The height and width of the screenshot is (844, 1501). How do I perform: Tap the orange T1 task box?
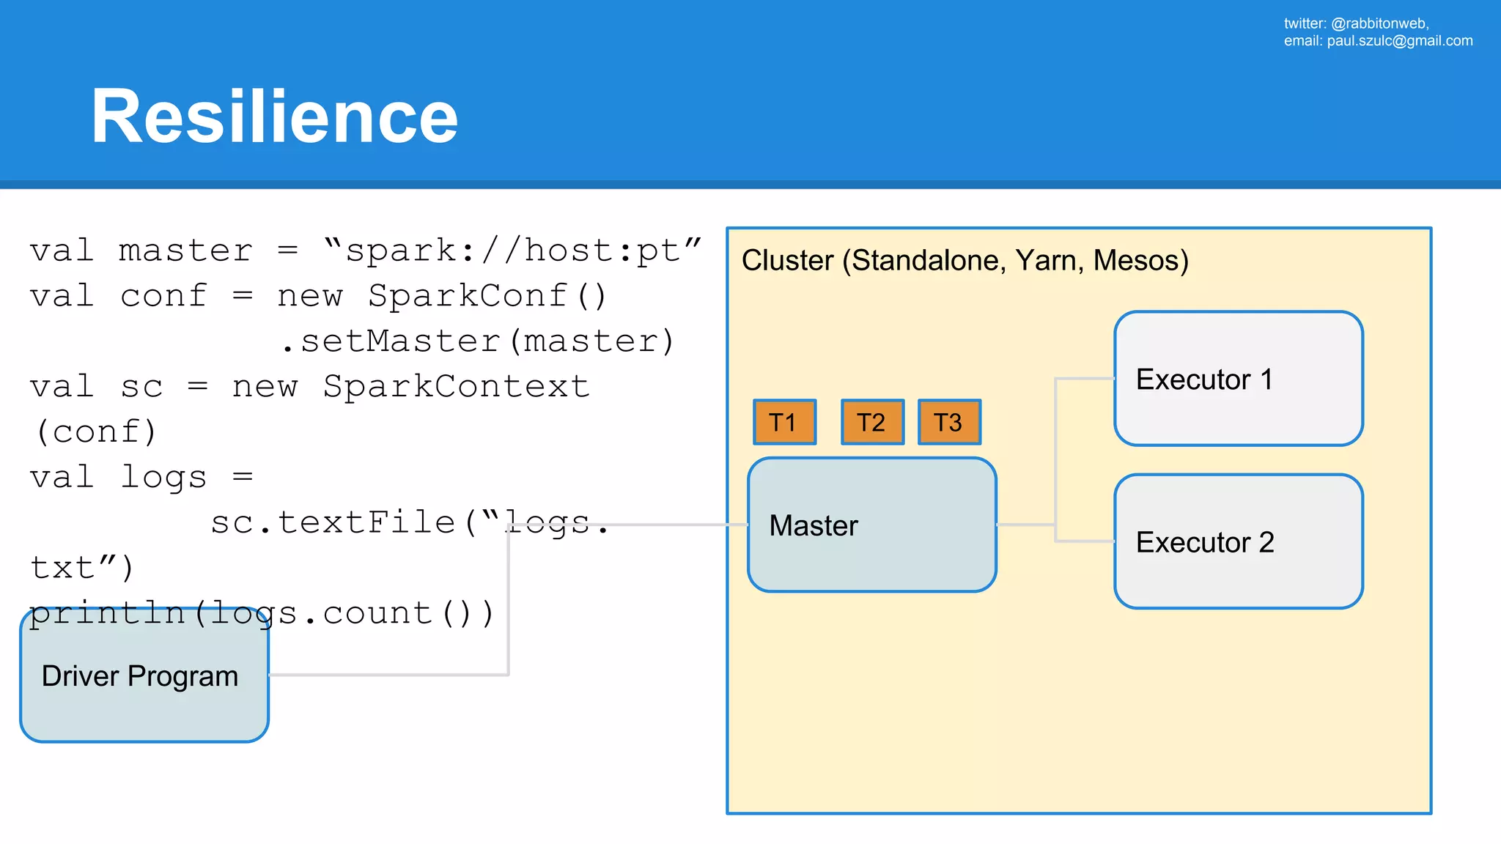[784, 422]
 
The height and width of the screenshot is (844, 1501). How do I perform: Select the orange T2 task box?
[872, 422]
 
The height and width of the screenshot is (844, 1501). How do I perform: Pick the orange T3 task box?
[949, 422]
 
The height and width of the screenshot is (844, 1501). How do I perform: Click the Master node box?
[871, 525]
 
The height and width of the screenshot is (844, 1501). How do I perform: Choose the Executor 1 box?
[1238, 379]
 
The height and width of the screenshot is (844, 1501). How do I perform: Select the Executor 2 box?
[1238, 541]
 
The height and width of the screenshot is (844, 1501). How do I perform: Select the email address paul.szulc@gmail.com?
[1399, 41]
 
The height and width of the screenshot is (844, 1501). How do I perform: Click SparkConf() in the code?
[487, 297]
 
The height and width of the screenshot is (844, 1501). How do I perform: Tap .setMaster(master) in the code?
[478, 342]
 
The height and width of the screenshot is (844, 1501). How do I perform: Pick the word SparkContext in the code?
[456, 387]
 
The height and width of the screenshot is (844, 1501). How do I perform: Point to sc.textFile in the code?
[333, 523]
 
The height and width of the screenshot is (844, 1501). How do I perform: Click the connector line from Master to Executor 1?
[1055, 440]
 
